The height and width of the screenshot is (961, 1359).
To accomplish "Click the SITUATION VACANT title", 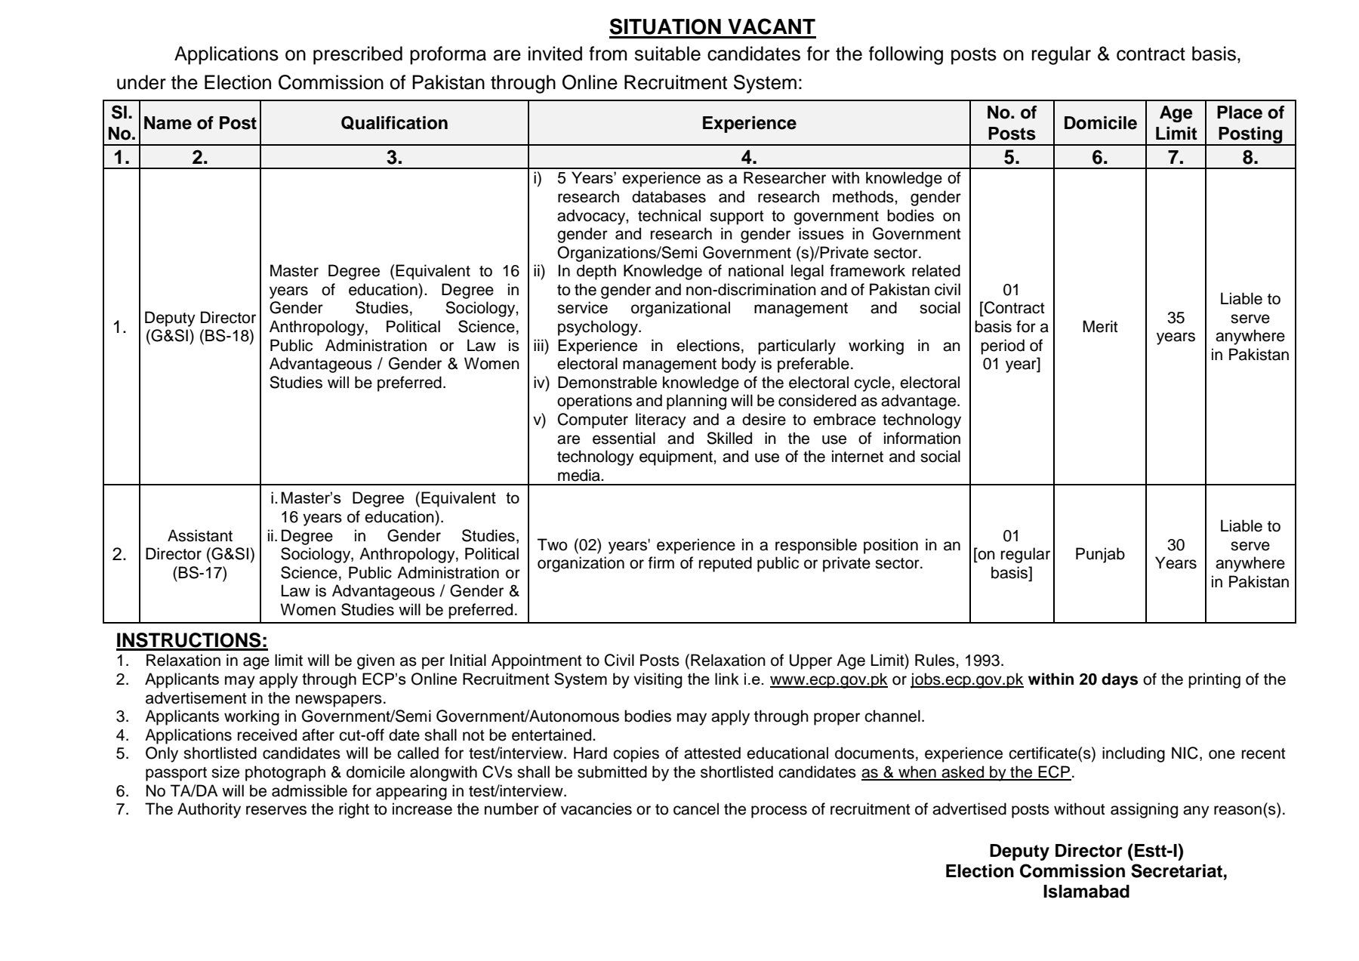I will point(712,27).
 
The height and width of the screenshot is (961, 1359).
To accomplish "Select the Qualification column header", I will point(394,123).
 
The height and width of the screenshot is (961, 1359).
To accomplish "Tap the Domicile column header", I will point(1099,123).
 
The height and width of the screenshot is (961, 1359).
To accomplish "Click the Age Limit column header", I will point(1176,123).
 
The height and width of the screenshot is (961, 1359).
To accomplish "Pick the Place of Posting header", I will point(1250,123).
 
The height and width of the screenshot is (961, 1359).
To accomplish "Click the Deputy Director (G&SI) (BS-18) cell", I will point(200,327).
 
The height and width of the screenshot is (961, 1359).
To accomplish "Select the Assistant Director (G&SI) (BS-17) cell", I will point(200,554).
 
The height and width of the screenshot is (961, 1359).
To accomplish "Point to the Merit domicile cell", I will point(1099,327).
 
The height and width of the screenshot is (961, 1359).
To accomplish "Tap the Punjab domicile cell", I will point(1099,554).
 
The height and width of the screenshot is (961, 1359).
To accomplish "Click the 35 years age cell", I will point(1176,327).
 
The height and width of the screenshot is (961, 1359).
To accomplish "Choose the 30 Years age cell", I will point(1176,554).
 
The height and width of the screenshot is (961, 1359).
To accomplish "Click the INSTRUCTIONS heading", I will point(192,641).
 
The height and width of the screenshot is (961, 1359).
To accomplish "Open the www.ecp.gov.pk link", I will point(828,679).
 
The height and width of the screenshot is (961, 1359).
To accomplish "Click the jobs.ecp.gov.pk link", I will point(967,679).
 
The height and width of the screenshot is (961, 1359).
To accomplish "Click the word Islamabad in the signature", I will point(1086,892).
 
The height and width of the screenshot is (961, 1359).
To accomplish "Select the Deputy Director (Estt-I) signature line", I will point(1086,851).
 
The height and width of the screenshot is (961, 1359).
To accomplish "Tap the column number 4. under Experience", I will point(748,158).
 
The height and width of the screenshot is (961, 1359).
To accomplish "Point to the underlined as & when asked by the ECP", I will point(966,772).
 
